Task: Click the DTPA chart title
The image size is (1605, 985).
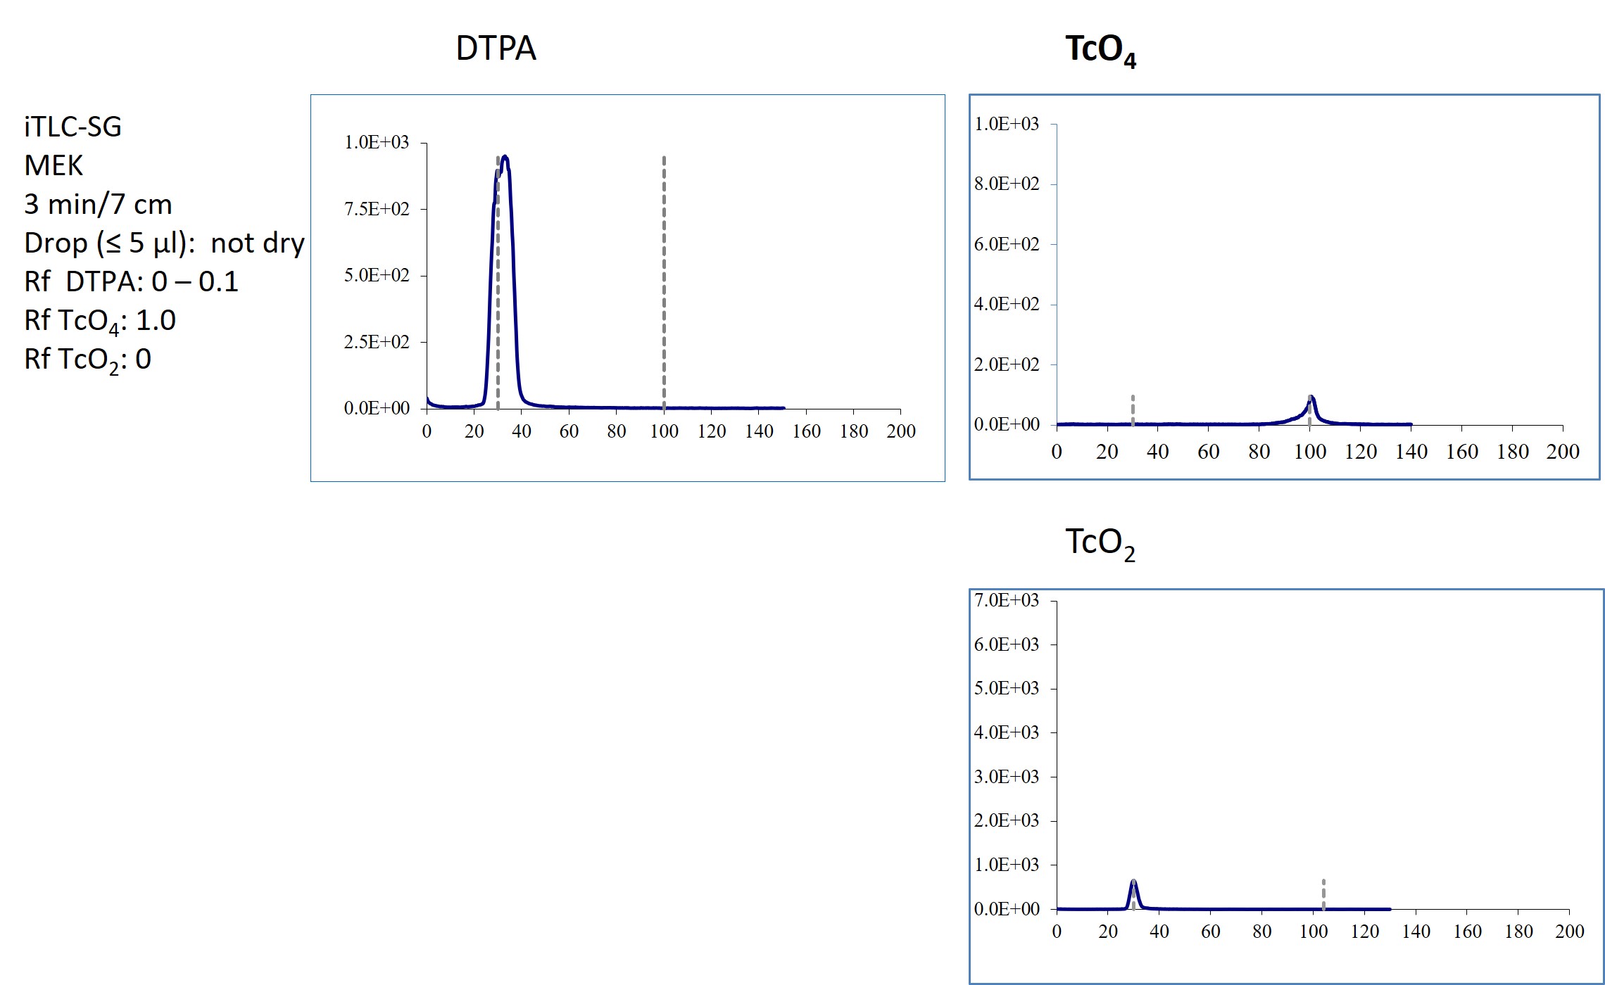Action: (496, 49)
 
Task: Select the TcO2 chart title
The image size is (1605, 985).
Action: (1100, 544)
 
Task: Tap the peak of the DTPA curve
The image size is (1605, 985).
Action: (504, 158)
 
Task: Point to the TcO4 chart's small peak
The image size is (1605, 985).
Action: (1311, 398)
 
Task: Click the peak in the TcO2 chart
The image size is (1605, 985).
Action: (1133, 882)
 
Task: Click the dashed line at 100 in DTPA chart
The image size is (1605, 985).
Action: (664, 281)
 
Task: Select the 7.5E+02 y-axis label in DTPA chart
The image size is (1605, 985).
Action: (376, 209)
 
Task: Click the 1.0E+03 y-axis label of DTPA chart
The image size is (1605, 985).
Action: (376, 142)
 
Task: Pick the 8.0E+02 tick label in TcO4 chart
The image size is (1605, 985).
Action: (1006, 184)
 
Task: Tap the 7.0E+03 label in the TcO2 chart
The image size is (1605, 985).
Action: (1006, 600)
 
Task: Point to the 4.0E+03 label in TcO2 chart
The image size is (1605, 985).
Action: (1006, 732)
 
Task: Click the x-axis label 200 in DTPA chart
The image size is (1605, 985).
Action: (900, 431)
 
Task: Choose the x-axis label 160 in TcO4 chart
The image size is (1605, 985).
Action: (1461, 452)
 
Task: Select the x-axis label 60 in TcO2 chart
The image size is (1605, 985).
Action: (1210, 932)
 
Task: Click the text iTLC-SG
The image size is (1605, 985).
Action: (73, 127)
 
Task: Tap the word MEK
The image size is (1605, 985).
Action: (53, 166)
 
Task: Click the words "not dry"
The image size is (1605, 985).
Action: (258, 243)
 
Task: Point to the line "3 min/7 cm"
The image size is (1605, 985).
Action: (98, 205)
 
